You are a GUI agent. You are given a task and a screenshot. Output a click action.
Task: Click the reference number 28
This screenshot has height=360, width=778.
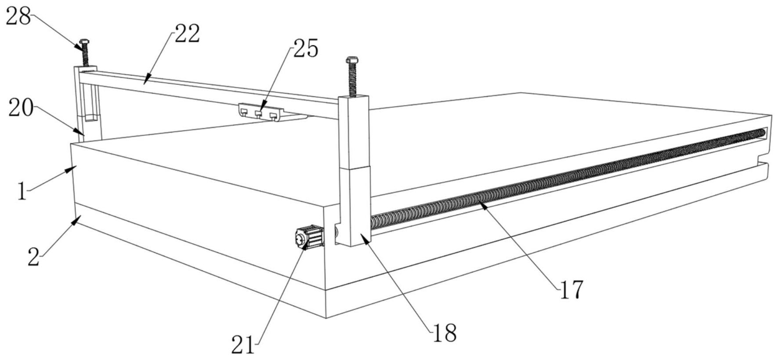click(18, 16)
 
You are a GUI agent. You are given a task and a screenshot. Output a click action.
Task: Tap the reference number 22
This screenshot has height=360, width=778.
click(187, 34)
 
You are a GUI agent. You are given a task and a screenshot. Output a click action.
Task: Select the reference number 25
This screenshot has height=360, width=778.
click(306, 48)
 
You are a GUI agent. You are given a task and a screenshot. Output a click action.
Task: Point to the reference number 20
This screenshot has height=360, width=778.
click(21, 108)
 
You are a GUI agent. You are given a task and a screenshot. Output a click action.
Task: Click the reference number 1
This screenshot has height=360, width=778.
click(22, 192)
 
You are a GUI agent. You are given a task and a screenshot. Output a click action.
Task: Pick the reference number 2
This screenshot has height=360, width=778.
click(33, 257)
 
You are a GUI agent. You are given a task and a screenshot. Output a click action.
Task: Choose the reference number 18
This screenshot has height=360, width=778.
click(445, 333)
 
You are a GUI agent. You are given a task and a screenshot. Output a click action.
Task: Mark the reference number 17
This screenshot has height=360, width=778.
click(571, 290)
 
